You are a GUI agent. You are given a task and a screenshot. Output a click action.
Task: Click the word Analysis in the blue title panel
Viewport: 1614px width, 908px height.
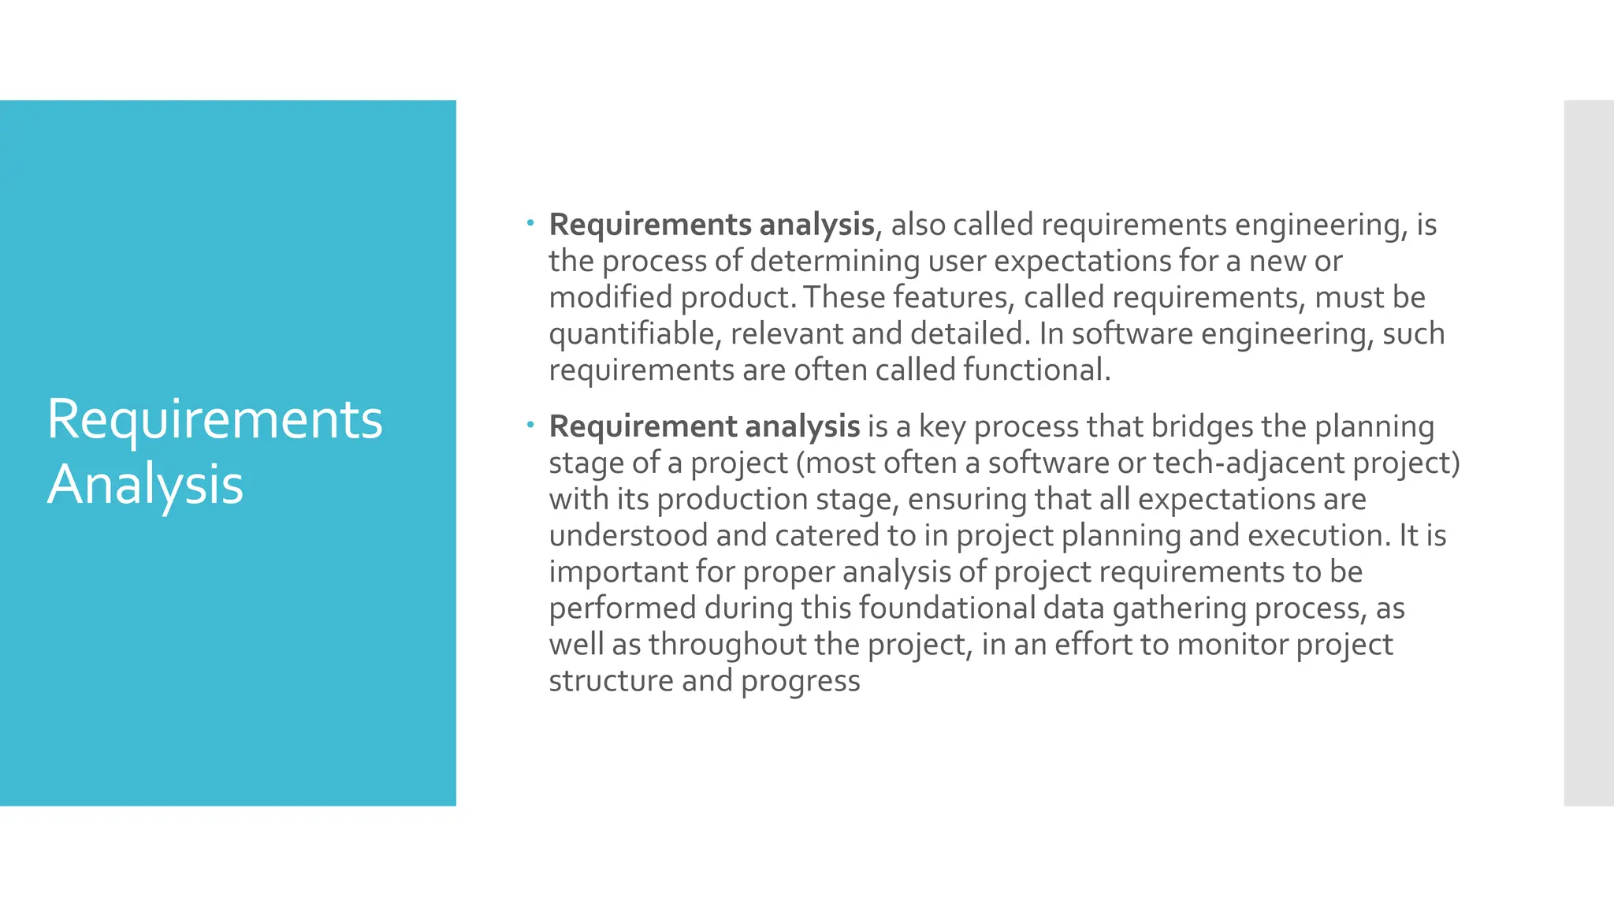point(145,484)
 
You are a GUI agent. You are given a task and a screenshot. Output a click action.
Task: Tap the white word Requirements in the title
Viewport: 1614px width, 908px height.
point(214,419)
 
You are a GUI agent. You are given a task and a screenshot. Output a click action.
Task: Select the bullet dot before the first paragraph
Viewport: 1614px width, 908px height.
point(530,224)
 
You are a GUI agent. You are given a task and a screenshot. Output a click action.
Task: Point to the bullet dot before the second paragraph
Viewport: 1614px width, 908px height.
point(530,426)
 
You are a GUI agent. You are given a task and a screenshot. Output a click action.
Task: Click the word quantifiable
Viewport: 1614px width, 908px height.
point(634,334)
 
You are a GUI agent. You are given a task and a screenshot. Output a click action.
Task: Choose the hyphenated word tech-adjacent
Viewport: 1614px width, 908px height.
point(1248,463)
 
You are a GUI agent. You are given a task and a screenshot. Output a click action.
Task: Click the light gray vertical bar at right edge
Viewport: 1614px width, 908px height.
point(1588,452)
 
